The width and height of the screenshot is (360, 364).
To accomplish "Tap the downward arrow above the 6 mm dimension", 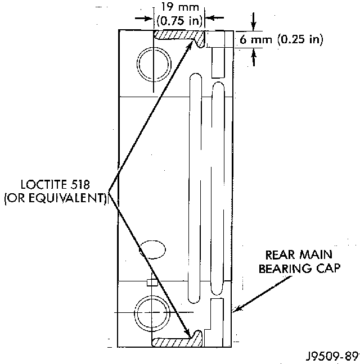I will [254, 26].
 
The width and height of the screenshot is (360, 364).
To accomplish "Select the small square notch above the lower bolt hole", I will [150, 281].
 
